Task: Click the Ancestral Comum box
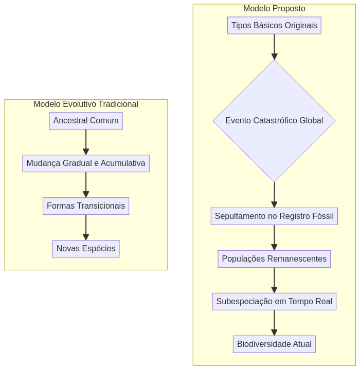[x=86, y=121]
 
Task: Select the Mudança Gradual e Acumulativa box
[x=86, y=163]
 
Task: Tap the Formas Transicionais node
[x=86, y=206]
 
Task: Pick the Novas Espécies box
[x=86, y=249]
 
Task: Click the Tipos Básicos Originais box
[x=274, y=26]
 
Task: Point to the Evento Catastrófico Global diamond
[x=274, y=121]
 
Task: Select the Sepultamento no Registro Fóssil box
[x=274, y=216]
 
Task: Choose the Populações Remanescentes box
[x=274, y=259]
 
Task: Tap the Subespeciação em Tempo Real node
[x=274, y=302]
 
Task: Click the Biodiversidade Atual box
[x=274, y=344]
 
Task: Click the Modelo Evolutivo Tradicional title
[x=86, y=104]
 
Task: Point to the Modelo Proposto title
[x=274, y=9]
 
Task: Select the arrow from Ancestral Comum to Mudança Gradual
[x=86, y=142]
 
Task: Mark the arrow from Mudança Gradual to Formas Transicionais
[x=86, y=184]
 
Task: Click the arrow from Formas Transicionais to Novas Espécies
[x=86, y=227]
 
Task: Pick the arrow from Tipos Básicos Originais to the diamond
[x=274, y=47]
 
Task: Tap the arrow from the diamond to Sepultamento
[x=274, y=195]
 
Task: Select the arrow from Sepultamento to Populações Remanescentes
[x=274, y=237]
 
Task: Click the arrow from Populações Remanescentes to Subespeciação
[x=274, y=280]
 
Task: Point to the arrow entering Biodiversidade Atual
[x=274, y=323]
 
